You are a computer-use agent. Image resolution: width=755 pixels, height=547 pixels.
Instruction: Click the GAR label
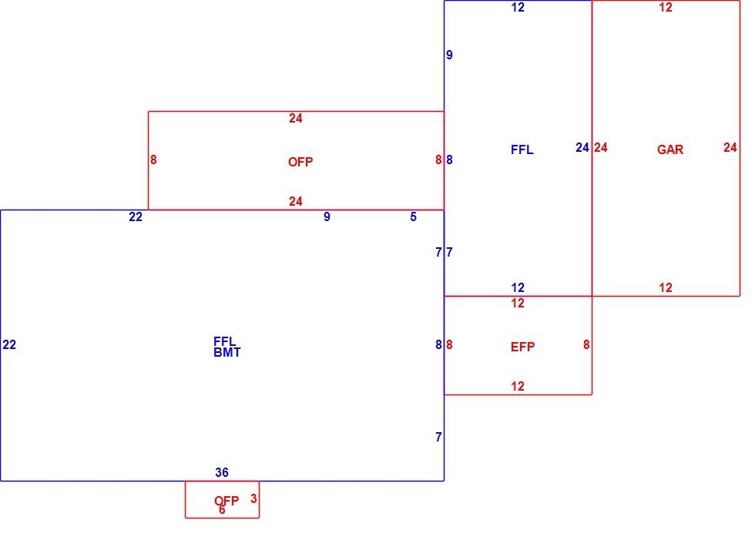(x=670, y=149)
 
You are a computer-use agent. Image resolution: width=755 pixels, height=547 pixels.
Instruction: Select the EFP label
(x=522, y=347)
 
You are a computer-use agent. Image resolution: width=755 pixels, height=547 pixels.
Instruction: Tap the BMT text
(x=226, y=353)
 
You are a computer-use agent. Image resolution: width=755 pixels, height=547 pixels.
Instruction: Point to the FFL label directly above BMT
(x=224, y=341)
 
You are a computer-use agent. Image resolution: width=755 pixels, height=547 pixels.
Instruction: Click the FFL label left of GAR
(x=522, y=149)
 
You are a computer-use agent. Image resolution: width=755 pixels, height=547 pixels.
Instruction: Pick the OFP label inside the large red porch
(x=300, y=163)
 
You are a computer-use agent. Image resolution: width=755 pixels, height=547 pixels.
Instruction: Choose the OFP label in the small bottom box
(x=226, y=501)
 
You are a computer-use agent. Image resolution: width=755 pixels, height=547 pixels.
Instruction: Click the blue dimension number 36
(x=222, y=473)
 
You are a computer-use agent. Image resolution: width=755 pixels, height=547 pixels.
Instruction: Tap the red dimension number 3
(x=253, y=499)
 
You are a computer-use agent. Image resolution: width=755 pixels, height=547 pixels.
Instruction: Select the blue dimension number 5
(x=413, y=217)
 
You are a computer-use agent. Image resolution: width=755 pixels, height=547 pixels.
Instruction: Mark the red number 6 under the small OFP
(x=222, y=510)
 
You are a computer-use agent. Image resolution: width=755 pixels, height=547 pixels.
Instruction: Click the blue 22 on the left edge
(x=9, y=345)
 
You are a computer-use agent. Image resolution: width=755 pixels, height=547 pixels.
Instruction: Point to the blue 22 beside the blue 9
(x=136, y=217)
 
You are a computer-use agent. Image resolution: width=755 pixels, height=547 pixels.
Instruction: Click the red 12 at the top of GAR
(x=666, y=7)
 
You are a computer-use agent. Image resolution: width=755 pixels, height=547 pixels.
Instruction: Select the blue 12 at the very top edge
(x=518, y=7)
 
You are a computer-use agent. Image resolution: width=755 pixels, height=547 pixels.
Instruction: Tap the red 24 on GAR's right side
(x=730, y=147)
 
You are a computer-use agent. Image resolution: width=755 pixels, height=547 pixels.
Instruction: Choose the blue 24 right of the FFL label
(x=582, y=147)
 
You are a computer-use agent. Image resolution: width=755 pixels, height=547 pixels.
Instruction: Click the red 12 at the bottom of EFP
(x=518, y=386)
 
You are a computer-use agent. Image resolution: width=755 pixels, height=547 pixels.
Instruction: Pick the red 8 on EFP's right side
(x=586, y=345)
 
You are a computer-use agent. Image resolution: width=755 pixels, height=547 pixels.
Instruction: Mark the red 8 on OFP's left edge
(x=153, y=160)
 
